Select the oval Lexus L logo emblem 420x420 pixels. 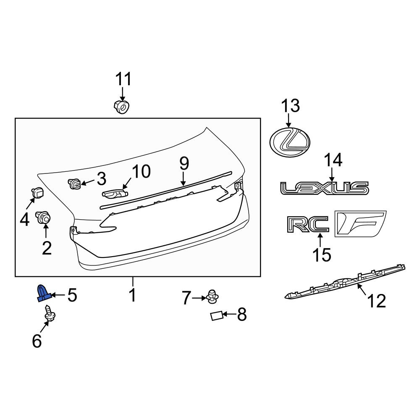tap(290, 142)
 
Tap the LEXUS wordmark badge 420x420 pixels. tap(325, 188)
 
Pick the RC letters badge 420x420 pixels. tap(308, 224)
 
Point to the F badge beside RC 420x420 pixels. tap(360, 224)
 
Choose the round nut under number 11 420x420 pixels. tap(122, 107)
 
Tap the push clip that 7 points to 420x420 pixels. tap(213, 297)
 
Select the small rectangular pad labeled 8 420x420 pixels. tap(217, 316)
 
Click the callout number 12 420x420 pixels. tap(377, 301)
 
